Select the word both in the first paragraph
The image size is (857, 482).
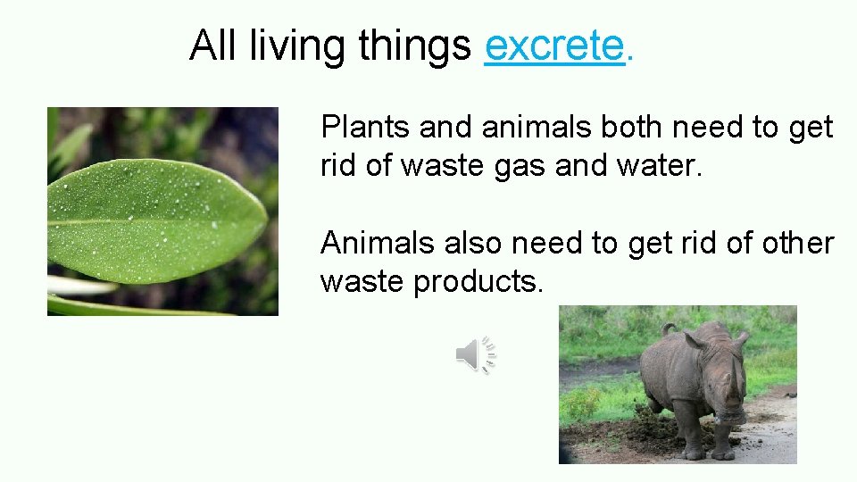tap(633, 128)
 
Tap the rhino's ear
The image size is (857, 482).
tap(738, 340)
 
